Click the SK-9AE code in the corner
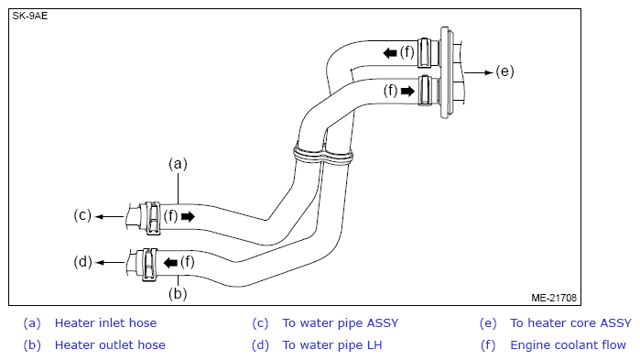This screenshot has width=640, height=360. tap(30, 16)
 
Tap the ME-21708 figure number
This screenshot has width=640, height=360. tap(554, 298)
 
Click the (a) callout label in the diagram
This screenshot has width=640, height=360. tap(178, 164)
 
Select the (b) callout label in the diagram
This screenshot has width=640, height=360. tap(178, 294)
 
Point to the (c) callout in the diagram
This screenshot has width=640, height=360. tap(82, 215)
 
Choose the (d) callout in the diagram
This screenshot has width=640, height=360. tap(82, 262)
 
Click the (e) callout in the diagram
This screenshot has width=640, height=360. tap(504, 71)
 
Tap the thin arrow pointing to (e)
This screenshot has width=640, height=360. tap(479, 72)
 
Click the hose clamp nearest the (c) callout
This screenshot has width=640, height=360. tap(153, 218)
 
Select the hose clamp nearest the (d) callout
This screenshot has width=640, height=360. tap(149, 265)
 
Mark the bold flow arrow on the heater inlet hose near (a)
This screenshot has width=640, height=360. tap(188, 216)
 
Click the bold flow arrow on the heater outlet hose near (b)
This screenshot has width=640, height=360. tap(170, 263)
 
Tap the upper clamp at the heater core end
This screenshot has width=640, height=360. tap(425, 52)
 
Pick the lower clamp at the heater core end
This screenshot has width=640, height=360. tap(426, 91)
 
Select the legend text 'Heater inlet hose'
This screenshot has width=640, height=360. tap(105, 323)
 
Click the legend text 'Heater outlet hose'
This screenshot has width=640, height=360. tap(110, 345)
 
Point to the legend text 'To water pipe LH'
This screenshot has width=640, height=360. tap(332, 345)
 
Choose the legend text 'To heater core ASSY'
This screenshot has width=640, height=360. tap(570, 323)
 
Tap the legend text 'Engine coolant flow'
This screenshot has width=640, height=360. tap(568, 345)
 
